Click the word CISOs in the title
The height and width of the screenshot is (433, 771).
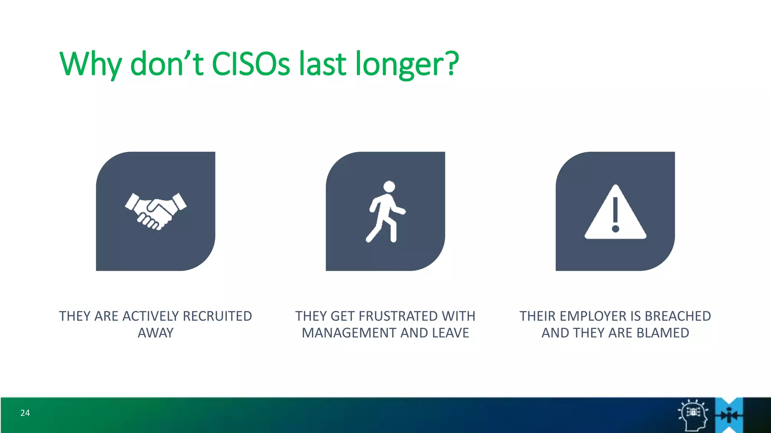pyautogui.click(x=251, y=64)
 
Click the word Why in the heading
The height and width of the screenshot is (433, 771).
pyautogui.click(x=90, y=64)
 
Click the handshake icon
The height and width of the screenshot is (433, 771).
pyautogui.click(x=155, y=211)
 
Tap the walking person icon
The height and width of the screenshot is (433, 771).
pyautogui.click(x=385, y=212)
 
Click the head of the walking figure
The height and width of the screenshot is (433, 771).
pyautogui.click(x=389, y=186)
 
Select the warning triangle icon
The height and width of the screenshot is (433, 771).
pyautogui.click(x=615, y=212)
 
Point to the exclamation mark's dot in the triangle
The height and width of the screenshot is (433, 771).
pyautogui.click(x=616, y=229)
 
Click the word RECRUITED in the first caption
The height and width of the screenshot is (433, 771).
pyautogui.click(x=217, y=316)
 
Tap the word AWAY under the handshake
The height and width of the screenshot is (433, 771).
pyautogui.click(x=155, y=333)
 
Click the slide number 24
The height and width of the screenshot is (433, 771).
pyautogui.click(x=25, y=413)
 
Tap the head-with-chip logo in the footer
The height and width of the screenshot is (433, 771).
pyautogui.click(x=693, y=415)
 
